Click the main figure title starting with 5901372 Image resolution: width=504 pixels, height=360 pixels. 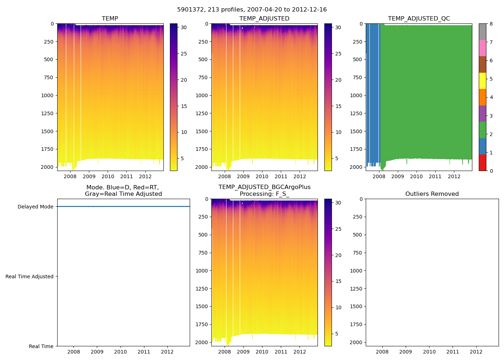(x=252, y=10)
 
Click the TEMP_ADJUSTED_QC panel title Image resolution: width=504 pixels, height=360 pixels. (x=419, y=18)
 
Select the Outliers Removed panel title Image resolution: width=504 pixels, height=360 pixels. (x=432, y=194)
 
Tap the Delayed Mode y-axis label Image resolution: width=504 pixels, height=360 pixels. (x=35, y=207)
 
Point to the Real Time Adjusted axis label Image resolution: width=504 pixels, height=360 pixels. (x=29, y=276)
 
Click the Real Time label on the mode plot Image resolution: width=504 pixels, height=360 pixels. (x=41, y=346)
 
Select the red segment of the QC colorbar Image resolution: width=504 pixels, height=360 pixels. (x=482, y=163)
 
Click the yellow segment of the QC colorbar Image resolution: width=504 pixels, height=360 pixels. (x=482, y=81)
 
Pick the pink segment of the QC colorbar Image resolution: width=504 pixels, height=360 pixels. (x=482, y=48)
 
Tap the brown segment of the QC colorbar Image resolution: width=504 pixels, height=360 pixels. (x=482, y=64)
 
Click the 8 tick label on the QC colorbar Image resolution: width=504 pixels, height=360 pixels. (x=491, y=24)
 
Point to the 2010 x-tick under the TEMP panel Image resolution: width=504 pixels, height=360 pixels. (x=108, y=176)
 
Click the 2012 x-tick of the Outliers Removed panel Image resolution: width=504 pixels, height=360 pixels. (x=476, y=352)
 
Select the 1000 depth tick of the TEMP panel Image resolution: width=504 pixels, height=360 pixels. (x=48, y=95)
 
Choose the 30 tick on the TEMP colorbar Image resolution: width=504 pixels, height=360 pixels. (x=184, y=27)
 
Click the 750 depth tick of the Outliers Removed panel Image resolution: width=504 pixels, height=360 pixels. (x=356, y=253)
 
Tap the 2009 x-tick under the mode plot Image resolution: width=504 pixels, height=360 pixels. (x=97, y=352)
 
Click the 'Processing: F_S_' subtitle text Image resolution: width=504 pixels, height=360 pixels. (x=264, y=194)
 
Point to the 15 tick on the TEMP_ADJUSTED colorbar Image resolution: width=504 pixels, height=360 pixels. (x=338, y=106)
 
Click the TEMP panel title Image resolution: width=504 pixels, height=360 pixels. (x=110, y=18)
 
